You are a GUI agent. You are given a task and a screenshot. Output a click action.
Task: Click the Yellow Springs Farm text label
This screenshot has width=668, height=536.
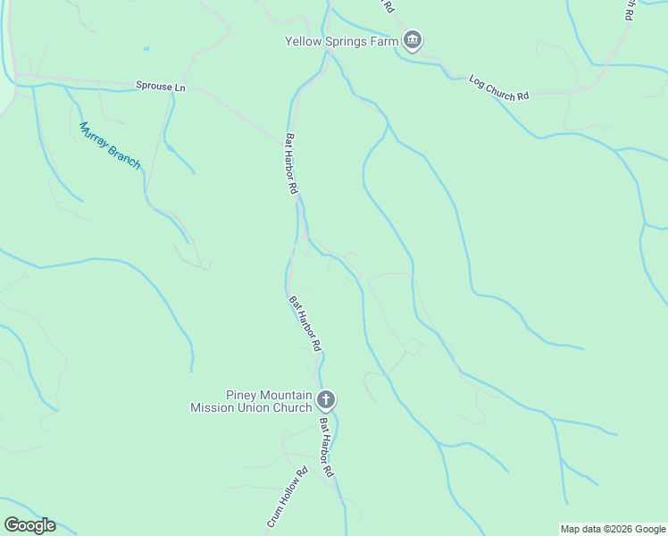[341, 40]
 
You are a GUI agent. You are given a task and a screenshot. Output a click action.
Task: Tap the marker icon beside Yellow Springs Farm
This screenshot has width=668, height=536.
[412, 40]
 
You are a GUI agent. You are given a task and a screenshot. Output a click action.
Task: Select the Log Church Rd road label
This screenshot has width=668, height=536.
[498, 88]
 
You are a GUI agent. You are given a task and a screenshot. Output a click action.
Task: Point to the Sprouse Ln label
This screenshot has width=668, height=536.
[160, 86]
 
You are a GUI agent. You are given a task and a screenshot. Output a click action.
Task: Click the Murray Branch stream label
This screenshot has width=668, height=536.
[110, 145]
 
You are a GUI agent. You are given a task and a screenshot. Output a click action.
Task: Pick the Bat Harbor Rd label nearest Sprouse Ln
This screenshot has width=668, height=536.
[291, 164]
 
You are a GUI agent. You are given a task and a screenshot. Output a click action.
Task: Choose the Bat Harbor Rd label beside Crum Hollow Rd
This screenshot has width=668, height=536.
[326, 447]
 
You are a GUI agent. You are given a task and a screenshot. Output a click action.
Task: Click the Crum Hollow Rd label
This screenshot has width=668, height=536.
[287, 496]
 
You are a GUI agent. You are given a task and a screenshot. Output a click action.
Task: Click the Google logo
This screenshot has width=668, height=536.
[29, 525]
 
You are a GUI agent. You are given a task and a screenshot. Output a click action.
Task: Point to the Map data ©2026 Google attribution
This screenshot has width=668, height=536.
[613, 529]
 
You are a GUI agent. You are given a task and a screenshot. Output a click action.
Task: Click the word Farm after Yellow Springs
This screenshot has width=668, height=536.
[383, 40]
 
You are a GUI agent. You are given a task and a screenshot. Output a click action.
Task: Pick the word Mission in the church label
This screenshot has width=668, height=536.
[212, 407]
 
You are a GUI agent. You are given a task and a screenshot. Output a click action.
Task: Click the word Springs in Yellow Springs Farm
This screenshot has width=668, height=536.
[344, 40]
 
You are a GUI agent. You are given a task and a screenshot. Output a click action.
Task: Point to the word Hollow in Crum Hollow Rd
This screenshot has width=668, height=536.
[288, 495]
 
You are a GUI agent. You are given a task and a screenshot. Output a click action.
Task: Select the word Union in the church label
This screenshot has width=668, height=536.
[252, 407]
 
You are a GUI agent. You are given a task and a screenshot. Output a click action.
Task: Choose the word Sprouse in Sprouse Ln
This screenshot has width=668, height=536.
[154, 86]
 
